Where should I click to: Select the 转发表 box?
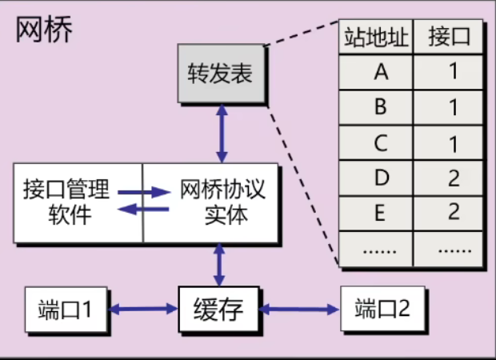[x=220, y=75]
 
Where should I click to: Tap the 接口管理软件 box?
[x=78, y=202]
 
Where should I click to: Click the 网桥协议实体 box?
[x=211, y=202]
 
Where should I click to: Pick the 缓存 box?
[x=217, y=308]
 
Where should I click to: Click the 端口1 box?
[x=66, y=308]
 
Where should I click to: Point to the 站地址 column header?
[x=376, y=37]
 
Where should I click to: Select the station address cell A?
[x=380, y=73]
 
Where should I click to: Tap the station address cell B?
[x=380, y=108]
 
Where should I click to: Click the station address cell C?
[x=380, y=143]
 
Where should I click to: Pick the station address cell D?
[x=380, y=178]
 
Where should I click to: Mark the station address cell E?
[x=380, y=213]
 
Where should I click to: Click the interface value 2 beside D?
[x=454, y=178]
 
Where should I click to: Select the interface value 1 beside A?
[x=454, y=73]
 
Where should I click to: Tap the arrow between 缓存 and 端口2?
[x=299, y=308]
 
